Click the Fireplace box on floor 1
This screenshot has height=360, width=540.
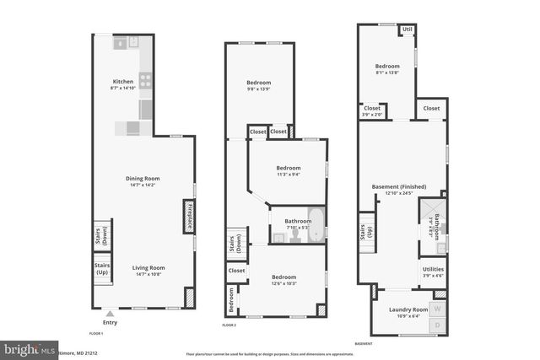click(x=189, y=216)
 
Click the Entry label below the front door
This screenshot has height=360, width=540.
click(x=111, y=322)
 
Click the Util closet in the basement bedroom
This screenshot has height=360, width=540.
click(x=408, y=30)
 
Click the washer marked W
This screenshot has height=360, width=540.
click(x=438, y=308)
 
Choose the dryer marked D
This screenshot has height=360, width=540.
click(x=438, y=325)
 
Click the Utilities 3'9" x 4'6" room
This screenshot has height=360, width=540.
click(x=432, y=271)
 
